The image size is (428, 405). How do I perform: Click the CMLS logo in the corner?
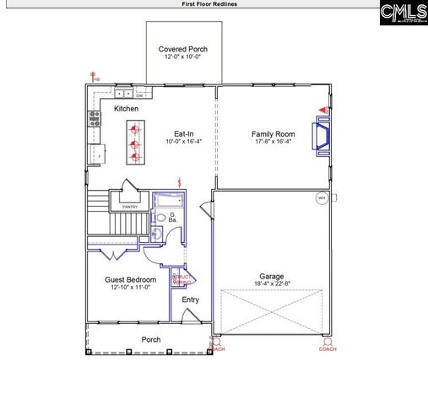tap(403, 13)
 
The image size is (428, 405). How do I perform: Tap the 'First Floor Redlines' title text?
tap(209, 4)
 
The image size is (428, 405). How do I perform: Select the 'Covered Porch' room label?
tap(183, 49)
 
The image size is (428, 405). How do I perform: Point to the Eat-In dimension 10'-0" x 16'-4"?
tap(183, 142)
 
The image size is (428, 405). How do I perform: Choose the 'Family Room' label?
tap(273, 134)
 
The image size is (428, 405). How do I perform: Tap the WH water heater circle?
tap(321, 199)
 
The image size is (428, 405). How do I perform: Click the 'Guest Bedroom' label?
tap(130, 279)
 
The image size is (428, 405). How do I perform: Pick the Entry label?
tap(191, 299)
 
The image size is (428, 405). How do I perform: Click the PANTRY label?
tap(130, 206)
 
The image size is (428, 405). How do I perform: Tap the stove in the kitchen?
tap(94, 127)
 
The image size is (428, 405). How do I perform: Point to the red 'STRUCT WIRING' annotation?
tap(182, 279)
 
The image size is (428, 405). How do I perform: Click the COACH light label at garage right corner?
tap(328, 348)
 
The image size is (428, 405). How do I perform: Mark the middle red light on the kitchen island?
tap(134, 143)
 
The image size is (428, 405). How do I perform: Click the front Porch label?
tap(151, 340)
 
